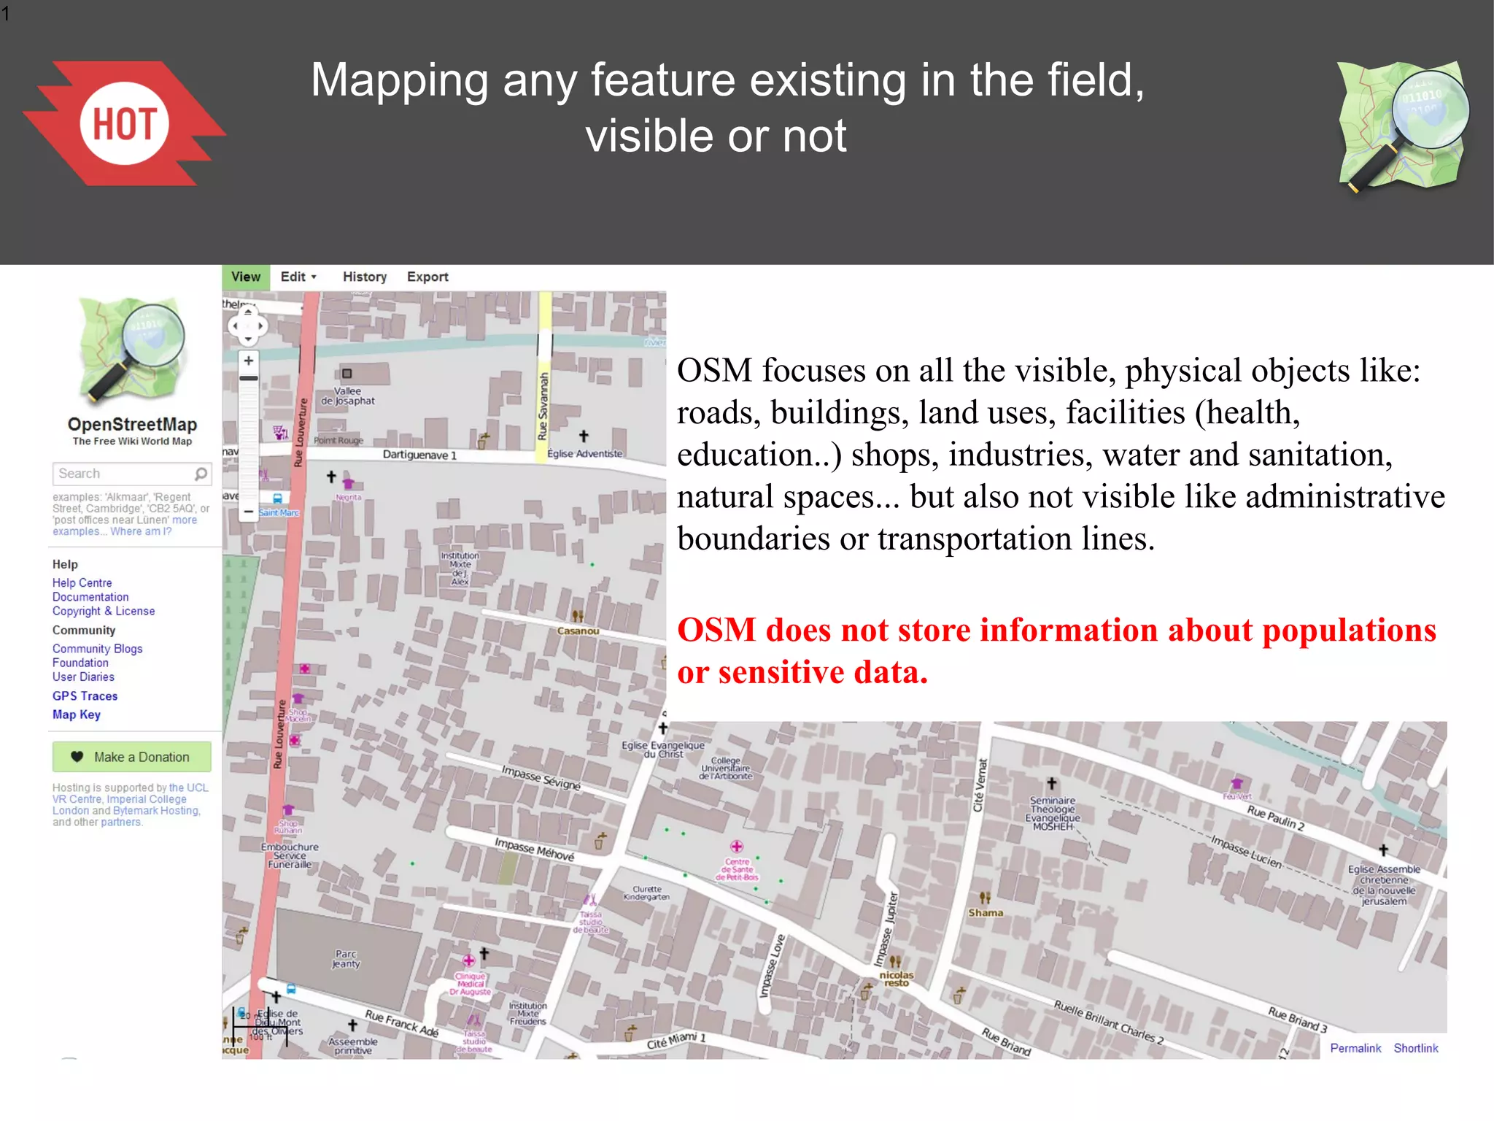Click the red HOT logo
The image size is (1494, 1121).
point(125,123)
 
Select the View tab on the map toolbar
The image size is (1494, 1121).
point(245,277)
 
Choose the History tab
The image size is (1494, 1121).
point(365,277)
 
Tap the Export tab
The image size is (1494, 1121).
point(427,277)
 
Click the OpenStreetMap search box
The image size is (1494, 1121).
point(124,474)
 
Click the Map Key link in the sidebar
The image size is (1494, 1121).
point(77,715)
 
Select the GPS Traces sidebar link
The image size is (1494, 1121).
point(85,696)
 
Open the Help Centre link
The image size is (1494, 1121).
point(82,583)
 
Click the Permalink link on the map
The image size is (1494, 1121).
point(1355,1049)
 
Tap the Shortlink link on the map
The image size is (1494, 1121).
point(1416,1049)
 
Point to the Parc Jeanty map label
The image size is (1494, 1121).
point(346,959)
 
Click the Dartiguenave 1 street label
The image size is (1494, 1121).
point(419,455)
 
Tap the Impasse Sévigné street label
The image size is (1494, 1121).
point(541,777)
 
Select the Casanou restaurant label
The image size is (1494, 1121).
point(578,631)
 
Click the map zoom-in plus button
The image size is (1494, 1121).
point(249,361)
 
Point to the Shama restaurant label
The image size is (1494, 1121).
point(986,913)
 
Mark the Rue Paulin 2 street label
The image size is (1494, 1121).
point(1276,818)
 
